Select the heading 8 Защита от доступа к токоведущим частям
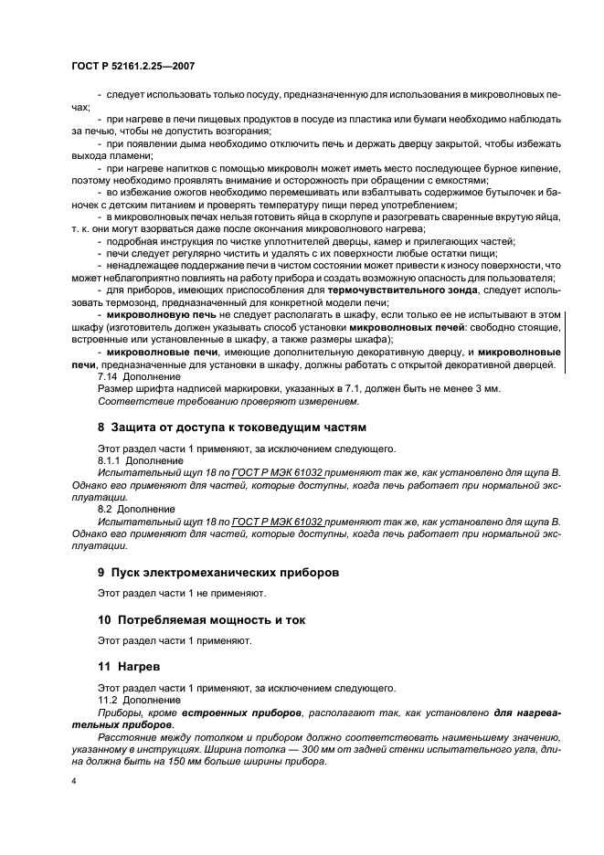(231, 427)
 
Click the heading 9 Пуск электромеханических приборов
(218, 573)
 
